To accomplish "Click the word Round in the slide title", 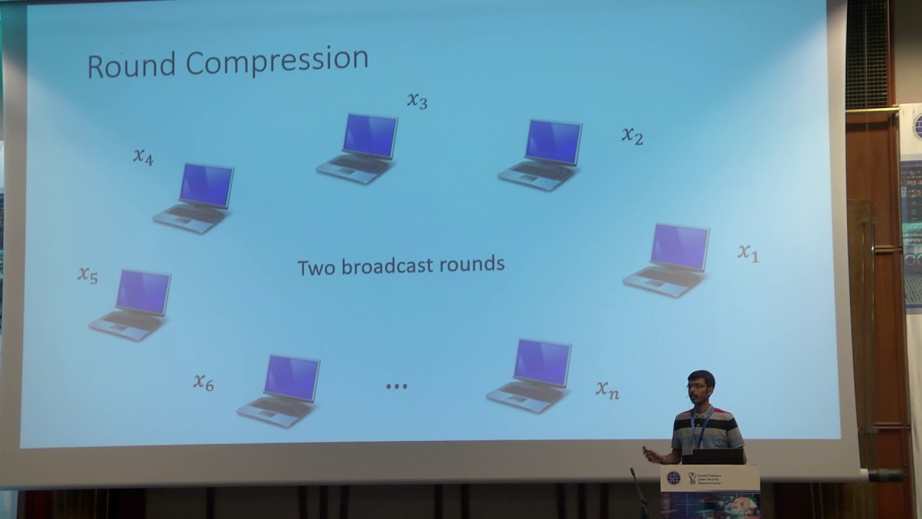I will coord(132,65).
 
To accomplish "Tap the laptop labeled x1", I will coord(668,260).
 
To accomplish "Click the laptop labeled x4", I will coord(195,198).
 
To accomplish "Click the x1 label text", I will coord(748,252).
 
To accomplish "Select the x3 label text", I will coord(417,100).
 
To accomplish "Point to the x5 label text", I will coord(88,275).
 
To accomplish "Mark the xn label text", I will coord(607,390).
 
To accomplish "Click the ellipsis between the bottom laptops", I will coord(397,386).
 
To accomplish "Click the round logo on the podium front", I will coord(673,478).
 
